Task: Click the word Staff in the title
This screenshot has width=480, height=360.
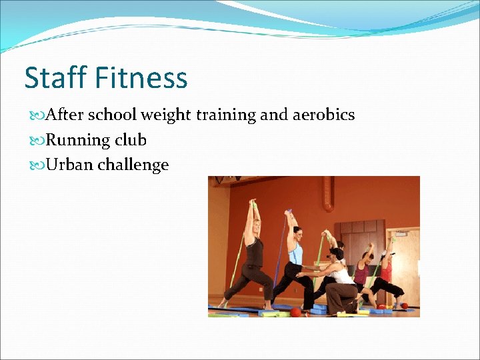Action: point(56,78)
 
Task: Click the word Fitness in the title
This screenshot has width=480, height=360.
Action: point(141,78)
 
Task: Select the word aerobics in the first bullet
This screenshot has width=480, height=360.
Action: point(323,115)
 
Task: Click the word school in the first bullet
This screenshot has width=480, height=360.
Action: point(113,115)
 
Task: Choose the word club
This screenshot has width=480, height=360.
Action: point(131,140)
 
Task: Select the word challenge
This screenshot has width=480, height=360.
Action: point(133,165)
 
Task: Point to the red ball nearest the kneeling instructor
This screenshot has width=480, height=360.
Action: point(296,311)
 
